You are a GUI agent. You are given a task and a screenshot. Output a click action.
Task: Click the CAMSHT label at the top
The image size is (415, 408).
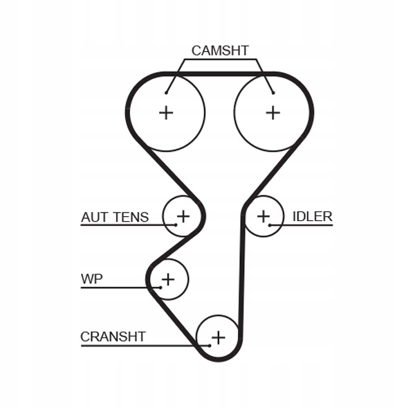point(220,51)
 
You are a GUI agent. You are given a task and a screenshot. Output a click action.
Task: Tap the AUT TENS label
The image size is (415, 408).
point(115,217)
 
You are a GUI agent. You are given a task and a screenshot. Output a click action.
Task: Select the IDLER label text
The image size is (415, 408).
point(312,216)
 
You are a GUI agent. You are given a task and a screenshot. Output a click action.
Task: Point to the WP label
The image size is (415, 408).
point(91,279)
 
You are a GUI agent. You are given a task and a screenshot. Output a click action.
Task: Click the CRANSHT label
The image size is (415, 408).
point(113,337)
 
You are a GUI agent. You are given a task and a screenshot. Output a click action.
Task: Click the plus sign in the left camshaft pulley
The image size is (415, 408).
point(166,112)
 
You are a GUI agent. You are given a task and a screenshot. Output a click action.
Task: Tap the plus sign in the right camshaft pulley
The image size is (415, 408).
point(273,112)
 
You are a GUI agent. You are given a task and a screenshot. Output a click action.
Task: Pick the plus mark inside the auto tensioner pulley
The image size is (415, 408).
point(183,216)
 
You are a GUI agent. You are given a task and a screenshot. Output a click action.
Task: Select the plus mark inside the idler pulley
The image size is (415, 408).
point(264,216)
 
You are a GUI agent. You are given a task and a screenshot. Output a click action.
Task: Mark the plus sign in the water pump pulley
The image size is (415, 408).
point(167,279)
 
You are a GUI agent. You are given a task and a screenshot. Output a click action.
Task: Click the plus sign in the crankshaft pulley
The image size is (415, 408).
point(218,337)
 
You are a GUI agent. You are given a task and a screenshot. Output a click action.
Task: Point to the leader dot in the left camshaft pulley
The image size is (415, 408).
point(167,92)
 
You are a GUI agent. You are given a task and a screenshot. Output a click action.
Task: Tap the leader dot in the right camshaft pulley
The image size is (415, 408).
point(273,92)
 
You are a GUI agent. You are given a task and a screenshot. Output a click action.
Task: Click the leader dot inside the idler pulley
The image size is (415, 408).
point(270,225)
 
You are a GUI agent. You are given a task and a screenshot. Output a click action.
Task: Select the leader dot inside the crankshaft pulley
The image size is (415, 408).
point(209,345)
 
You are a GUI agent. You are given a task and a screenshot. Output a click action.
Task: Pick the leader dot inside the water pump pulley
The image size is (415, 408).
point(160,287)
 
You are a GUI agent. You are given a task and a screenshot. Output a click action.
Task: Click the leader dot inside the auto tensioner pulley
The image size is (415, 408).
point(176,225)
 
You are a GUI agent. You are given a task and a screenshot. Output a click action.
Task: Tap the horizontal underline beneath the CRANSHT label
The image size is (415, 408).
point(138,345)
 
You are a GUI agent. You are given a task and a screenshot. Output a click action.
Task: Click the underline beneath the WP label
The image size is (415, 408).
point(118,287)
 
